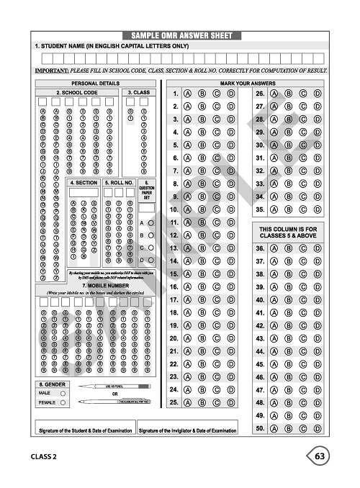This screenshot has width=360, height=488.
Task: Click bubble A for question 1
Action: pyautogui.click(x=188, y=94)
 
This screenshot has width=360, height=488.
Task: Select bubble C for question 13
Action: pyautogui.click(x=217, y=248)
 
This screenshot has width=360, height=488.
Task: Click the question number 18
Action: pyautogui.click(x=174, y=313)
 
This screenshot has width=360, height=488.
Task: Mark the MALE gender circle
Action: pyautogui.click(x=63, y=393)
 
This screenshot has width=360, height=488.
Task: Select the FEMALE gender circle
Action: pyautogui.click(x=63, y=403)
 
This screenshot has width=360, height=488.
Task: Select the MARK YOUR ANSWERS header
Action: pyautogui.click(x=248, y=83)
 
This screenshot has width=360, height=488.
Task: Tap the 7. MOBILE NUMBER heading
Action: pyautogui.click(x=96, y=286)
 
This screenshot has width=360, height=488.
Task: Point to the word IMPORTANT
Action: pyautogui.click(x=52, y=71)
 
